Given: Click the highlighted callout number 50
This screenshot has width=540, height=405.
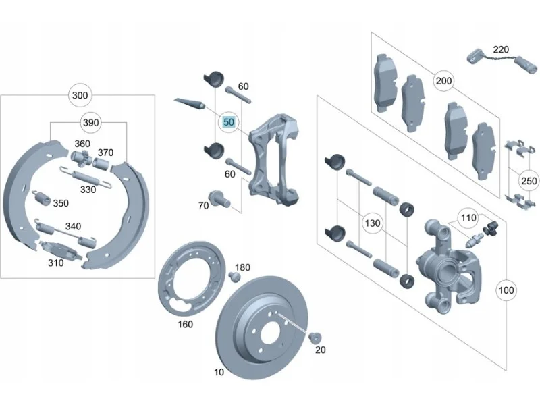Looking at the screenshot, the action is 229,122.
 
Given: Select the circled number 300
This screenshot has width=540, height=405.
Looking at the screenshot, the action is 80,95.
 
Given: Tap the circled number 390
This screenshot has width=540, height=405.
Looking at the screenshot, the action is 91,123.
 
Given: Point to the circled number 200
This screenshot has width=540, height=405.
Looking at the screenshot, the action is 443,80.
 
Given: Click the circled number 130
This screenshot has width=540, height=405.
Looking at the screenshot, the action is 373,223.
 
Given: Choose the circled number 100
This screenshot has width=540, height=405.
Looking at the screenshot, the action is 506,290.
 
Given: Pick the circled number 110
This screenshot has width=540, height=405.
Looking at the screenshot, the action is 468,217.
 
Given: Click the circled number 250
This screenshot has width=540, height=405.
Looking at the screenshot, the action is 529,181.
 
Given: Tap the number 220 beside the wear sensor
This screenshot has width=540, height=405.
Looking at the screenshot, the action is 501,49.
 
